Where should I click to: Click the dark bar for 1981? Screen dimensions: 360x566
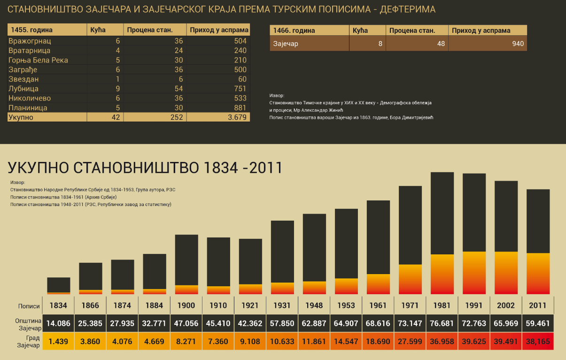click(x=442, y=213)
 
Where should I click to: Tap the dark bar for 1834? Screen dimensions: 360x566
click(x=59, y=284)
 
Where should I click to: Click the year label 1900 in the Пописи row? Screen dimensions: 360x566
click(x=186, y=306)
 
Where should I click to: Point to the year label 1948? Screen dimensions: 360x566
click(x=314, y=306)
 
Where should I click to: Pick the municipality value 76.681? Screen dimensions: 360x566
click(x=442, y=324)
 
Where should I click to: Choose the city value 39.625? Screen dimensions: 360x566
click(x=474, y=341)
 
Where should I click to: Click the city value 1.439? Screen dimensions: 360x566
click(x=59, y=341)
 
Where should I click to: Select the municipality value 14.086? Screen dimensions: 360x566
click(x=59, y=324)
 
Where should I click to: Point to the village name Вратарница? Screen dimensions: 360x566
click(x=30, y=51)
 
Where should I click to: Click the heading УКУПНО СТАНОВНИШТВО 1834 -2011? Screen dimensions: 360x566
click(x=145, y=168)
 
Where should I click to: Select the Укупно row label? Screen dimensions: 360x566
click(x=21, y=117)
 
